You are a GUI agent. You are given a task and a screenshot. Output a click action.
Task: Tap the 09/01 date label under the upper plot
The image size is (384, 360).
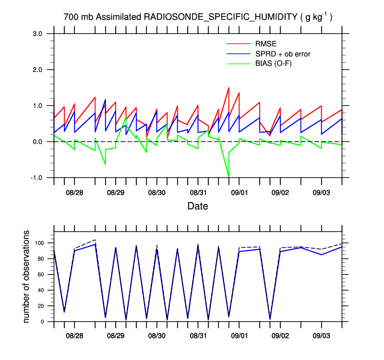click(x=239, y=192)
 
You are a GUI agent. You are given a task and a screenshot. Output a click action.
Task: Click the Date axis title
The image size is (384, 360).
click(x=198, y=206)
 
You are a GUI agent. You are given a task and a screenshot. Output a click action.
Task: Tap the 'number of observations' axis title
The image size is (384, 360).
click(x=27, y=276)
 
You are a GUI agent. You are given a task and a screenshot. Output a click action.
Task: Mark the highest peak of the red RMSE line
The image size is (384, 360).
click(x=228, y=88)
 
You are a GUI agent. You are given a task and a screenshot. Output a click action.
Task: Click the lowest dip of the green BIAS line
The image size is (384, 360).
click(x=228, y=177)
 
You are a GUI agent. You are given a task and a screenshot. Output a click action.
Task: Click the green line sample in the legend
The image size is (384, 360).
click(x=239, y=63)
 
